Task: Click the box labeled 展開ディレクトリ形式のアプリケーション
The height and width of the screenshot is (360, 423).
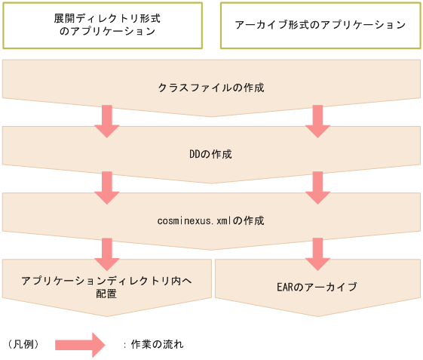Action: pos(106,25)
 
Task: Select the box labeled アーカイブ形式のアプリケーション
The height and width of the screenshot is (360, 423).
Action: pos(320,25)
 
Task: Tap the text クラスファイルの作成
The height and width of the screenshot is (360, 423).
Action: pos(211,88)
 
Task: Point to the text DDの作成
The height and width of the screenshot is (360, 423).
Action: pos(211,154)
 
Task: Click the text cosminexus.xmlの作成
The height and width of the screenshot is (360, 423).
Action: pos(211,221)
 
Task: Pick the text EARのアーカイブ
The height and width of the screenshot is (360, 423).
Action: pos(317,288)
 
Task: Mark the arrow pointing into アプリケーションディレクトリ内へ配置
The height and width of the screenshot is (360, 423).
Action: pos(106,254)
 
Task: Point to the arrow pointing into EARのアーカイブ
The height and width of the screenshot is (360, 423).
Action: pos(317,254)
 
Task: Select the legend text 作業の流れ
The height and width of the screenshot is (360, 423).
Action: pos(157,344)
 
